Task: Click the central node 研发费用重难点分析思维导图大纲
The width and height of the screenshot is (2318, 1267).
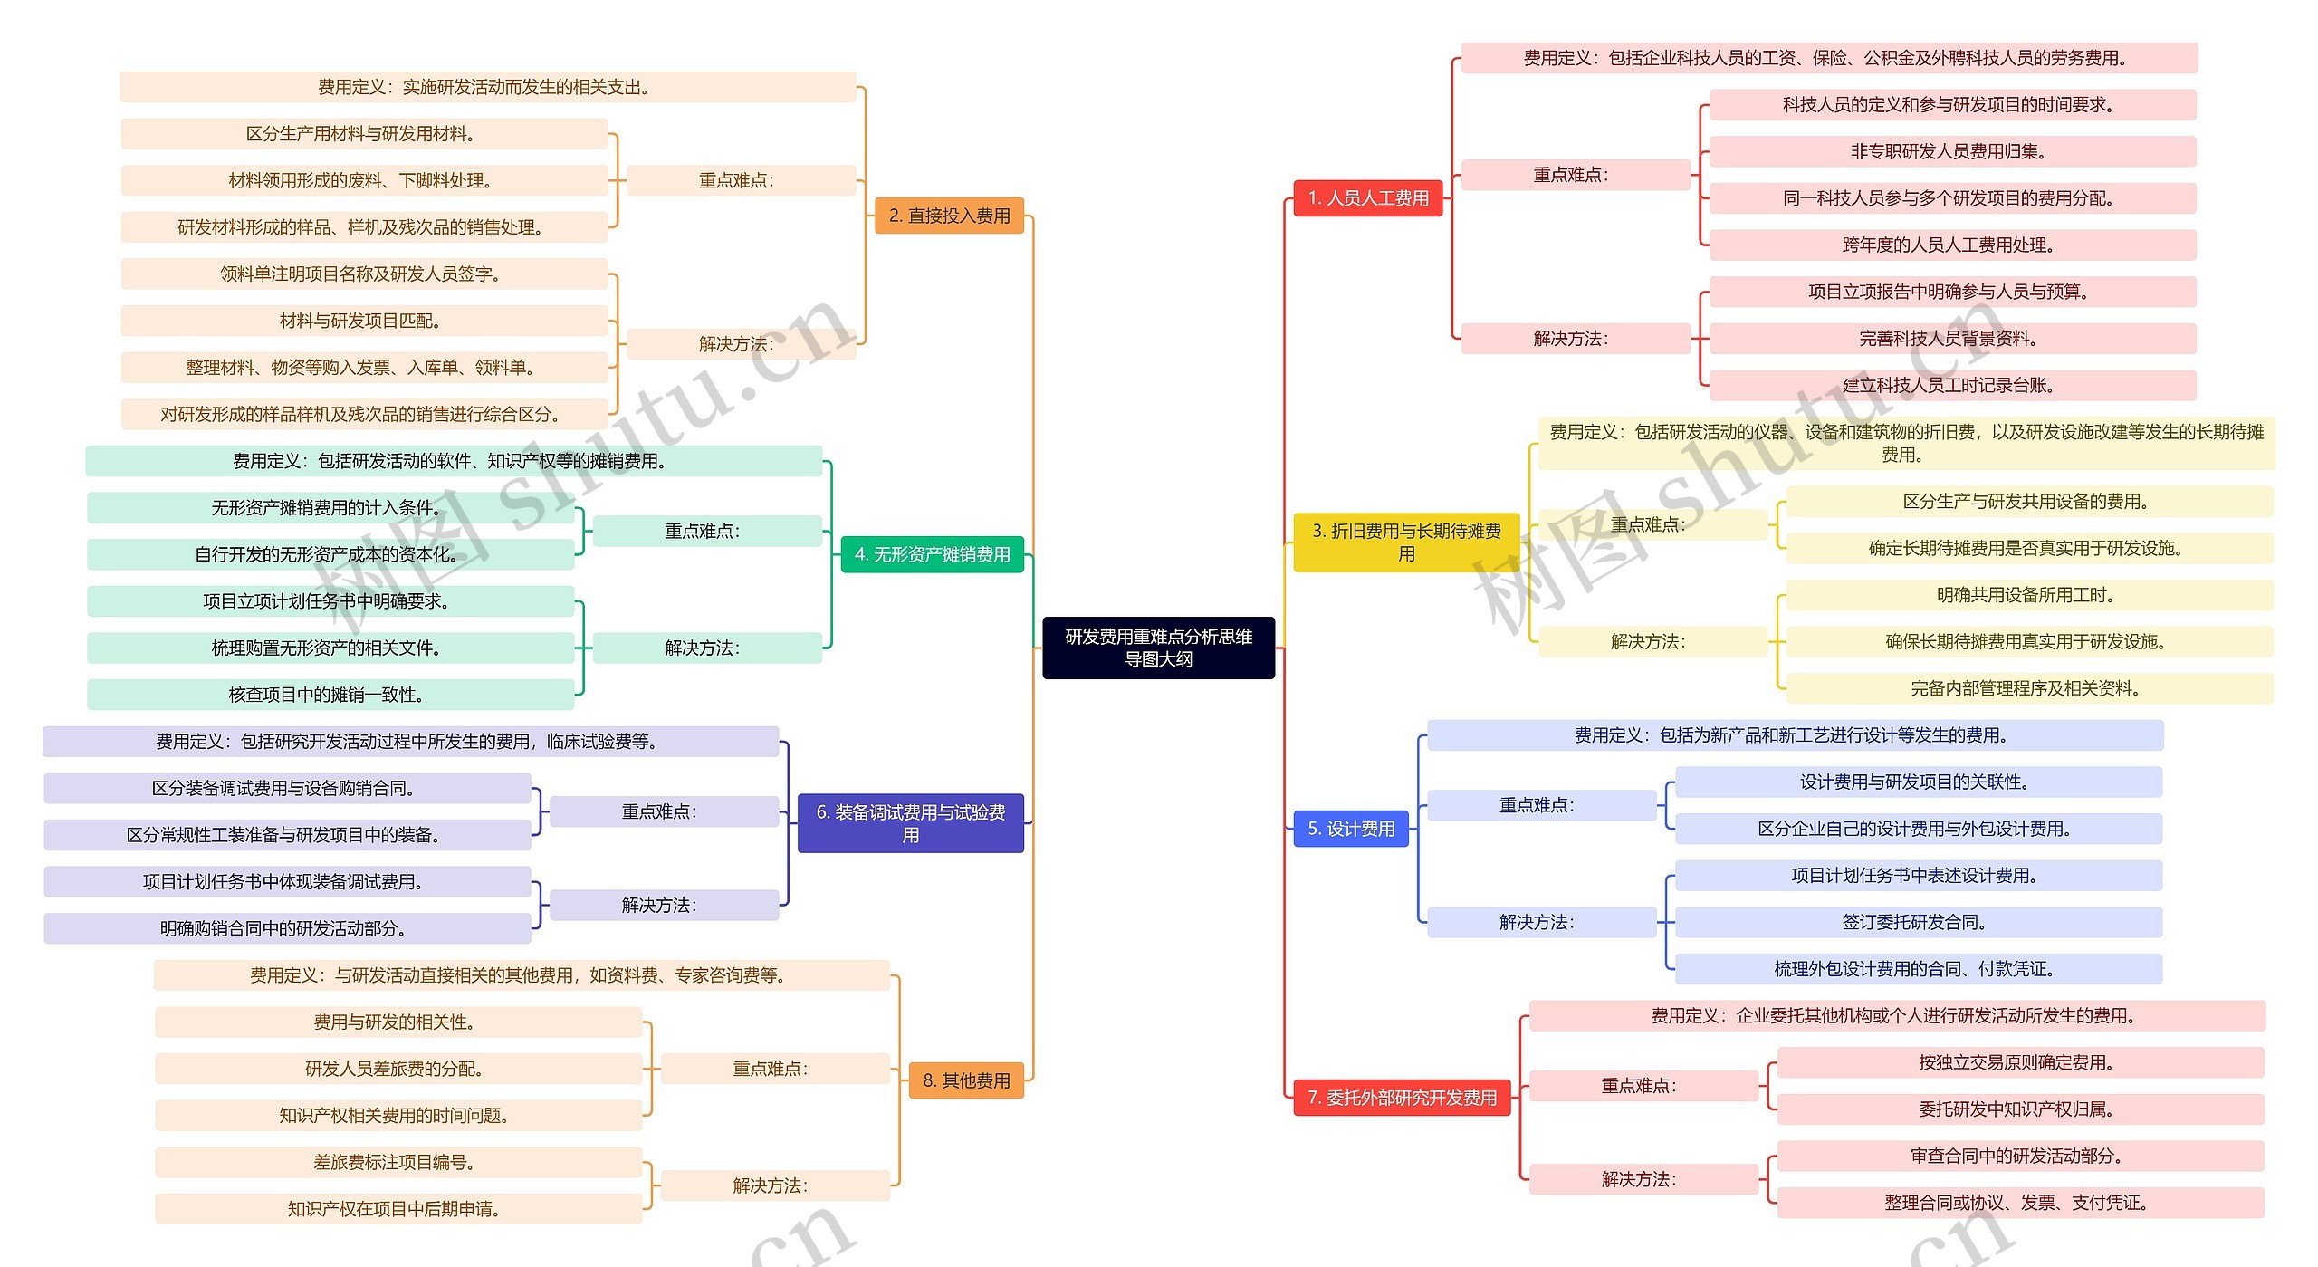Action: pos(1158,648)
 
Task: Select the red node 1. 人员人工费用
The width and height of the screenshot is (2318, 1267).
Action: pos(1367,197)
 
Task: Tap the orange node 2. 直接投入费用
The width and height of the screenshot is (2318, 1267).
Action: pos(949,216)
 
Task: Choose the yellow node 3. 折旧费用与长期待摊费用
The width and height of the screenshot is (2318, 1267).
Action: pos(1405,542)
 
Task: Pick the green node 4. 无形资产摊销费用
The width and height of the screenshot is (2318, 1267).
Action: pos(932,554)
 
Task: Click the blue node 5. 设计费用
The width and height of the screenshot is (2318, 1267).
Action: pos(1350,829)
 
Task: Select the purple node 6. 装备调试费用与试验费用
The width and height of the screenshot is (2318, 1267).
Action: pos(910,823)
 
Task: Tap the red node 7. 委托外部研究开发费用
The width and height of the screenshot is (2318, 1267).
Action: pos(1402,1098)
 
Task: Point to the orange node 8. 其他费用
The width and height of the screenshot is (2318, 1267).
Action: pos(966,1080)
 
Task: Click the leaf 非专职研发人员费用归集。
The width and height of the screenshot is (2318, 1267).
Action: pos(1951,151)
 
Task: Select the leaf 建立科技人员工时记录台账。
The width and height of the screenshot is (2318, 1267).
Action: pos(1951,385)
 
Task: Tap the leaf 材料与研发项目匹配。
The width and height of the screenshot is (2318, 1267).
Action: pos(363,321)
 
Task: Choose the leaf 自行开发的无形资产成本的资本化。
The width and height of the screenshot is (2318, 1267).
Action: pos(330,554)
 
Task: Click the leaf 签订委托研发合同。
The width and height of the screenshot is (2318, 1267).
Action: pos(1918,922)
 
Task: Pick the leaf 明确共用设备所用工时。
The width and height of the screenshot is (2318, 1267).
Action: pos(2028,595)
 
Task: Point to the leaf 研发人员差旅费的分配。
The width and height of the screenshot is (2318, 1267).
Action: pos(398,1069)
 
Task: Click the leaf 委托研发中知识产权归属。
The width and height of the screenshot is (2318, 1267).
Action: pos(2019,1109)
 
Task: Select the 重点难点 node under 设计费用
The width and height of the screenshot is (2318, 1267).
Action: pos(1540,805)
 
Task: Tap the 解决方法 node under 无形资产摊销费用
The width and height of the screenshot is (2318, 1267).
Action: pos(706,648)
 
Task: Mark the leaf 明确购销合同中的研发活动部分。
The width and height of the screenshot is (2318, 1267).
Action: pos(286,928)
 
